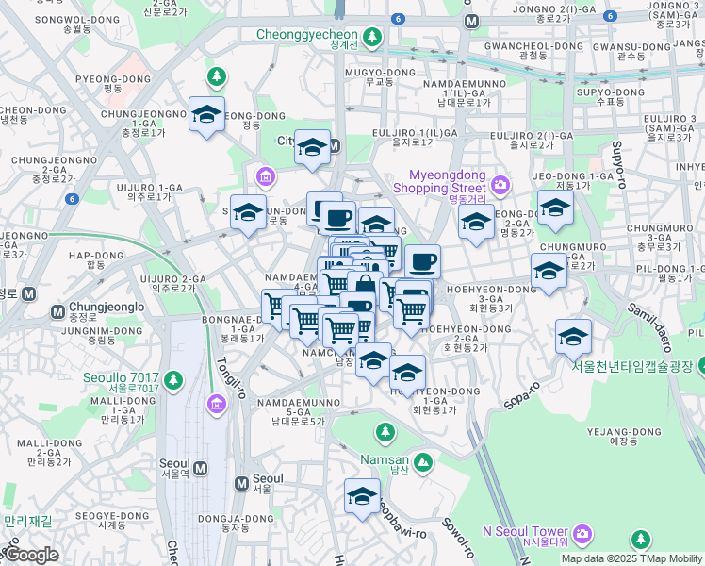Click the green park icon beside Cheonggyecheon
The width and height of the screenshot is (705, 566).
pyautogui.click(x=372, y=36)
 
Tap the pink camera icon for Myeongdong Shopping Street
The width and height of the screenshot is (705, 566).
pyautogui.click(x=500, y=183)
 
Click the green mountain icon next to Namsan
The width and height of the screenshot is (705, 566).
pyautogui.click(x=423, y=461)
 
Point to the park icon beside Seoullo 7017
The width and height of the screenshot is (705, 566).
pyautogui.click(x=172, y=379)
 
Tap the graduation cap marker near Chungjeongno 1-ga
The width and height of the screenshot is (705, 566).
pyautogui.click(x=206, y=114)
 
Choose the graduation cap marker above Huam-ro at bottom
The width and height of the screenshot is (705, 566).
pyautogui.click(x=362, y=497)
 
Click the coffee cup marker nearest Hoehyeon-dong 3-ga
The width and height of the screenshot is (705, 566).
pyautogui.click(x=422, y=261)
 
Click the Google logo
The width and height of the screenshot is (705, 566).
pyautogui.click(x=30, y=556)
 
